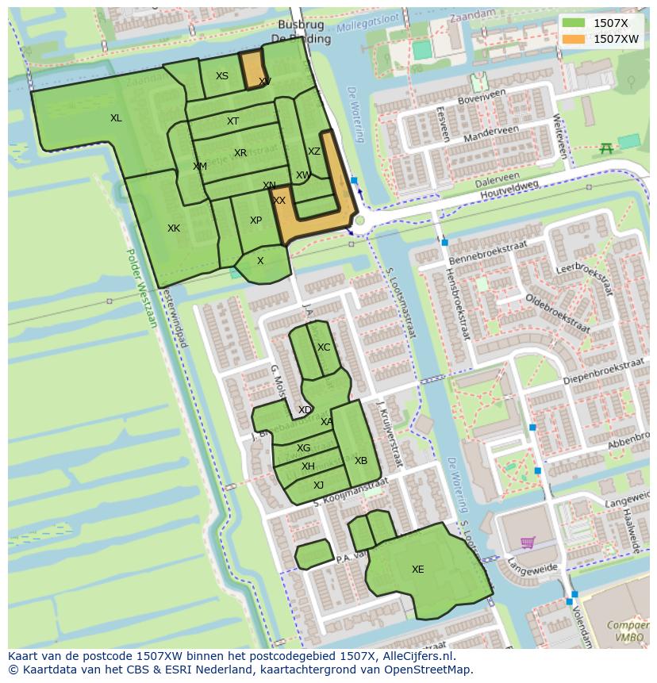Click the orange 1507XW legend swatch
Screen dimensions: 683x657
coord(573,38)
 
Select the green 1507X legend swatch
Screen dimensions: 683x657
coord(573,23)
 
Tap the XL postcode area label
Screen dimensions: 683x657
coord(116,118)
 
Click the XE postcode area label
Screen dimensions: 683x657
coord(417,569)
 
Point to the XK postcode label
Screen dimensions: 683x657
coord(173,228)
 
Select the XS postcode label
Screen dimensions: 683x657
coord(222,76)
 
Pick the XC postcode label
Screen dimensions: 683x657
coord(324,347)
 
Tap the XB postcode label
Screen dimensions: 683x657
coord(361,461)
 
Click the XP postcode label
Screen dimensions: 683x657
coord(255,221)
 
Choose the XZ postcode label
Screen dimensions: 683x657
coord(314,152)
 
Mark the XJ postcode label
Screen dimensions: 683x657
coord(318,485)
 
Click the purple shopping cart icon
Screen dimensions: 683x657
coord(527,543)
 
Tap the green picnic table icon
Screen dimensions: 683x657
coord(606,148)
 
